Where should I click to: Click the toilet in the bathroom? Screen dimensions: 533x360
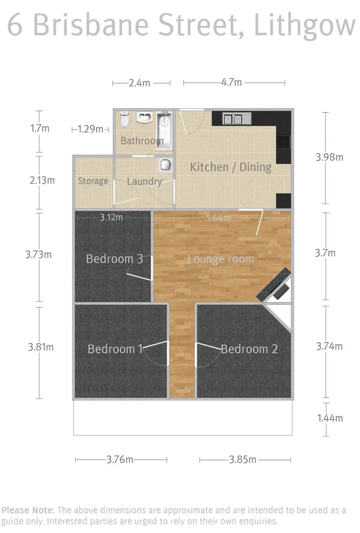(124, 120)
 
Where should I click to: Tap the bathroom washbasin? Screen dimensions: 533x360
(144, 118)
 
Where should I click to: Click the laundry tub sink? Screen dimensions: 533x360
(166, 165)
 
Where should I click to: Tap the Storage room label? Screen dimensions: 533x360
(93, 181)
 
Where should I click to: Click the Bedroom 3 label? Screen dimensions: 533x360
(114, 259)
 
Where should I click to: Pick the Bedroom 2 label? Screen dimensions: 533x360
(249, 349)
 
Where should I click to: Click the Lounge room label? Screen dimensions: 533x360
(220, 259)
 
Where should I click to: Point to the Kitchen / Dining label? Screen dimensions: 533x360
(230, 167)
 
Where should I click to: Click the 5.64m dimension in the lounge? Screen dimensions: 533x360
(218, 218)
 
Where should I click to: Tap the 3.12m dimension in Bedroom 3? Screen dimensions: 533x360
(111, 218)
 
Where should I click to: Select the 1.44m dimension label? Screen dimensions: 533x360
(330, 418)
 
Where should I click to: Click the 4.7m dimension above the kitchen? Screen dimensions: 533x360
(231, 82)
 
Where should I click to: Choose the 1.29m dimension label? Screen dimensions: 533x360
(90, 129)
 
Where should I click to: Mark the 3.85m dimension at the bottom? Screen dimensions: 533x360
(243, 460)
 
